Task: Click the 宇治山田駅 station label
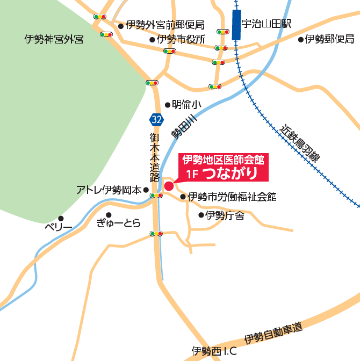[x=266, y=24]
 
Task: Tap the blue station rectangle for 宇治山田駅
[x=236, y=25]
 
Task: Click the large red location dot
[x=169, y=186]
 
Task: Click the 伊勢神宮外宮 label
[x=54, y=39]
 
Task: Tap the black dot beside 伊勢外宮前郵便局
[x=120, y=25]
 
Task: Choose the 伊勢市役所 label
[x=181, y=39]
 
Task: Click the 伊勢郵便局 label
[x=329, y=39]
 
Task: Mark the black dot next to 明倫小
[x=168, y=105]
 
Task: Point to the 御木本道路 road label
[x=155, y=157]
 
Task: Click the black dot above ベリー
[x=61, y=218]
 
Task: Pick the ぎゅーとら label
[x=118, y=223]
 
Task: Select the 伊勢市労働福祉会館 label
[x=232, y=197]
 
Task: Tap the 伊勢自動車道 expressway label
[x=273, y=333]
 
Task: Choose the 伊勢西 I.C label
[x=214, y=352]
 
